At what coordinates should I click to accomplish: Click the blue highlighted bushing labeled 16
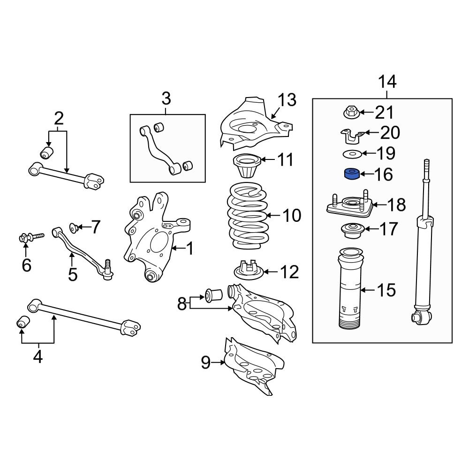coord(352,174)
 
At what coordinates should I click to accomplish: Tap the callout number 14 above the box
coord(387,82)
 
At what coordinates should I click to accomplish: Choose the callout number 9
coord(206,363)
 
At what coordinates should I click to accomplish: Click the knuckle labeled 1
coord(150,234)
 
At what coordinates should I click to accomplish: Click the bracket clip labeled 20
coord(351,136)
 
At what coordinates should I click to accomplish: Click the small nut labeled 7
coord(74,228)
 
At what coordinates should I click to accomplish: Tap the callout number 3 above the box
coord(166,99)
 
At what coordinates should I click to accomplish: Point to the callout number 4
coord(38,357)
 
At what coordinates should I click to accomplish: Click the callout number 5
coord(72,274)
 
